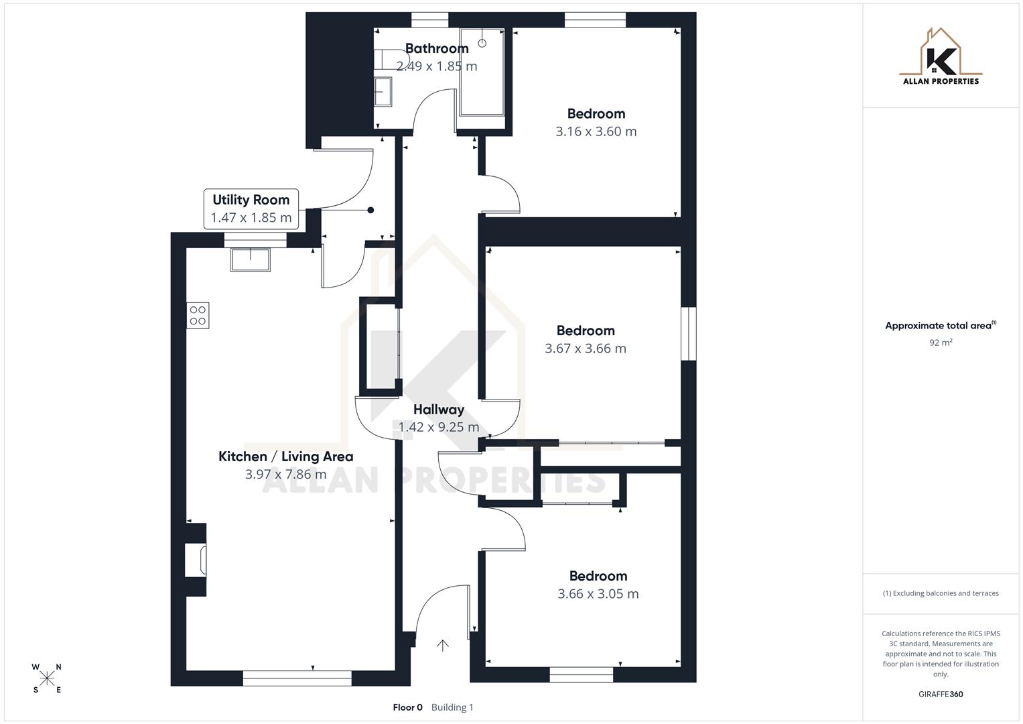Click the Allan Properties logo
[941, 57]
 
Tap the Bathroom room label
[437, 48]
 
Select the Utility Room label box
[251, 208]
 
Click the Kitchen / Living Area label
[285, 457]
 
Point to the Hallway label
[439, 410]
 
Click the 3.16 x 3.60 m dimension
[596, 132]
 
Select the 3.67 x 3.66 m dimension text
[586, 349]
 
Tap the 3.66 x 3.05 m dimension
[598, 594]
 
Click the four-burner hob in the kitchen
[198, 316]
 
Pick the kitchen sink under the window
[251, 259]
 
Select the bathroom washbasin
[383, 91]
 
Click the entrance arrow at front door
[442, 646]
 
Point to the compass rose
[47, 678]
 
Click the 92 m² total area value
[941, 343]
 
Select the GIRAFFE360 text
[941, 695]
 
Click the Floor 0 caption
[407, 707]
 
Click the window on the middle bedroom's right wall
[688, 334]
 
